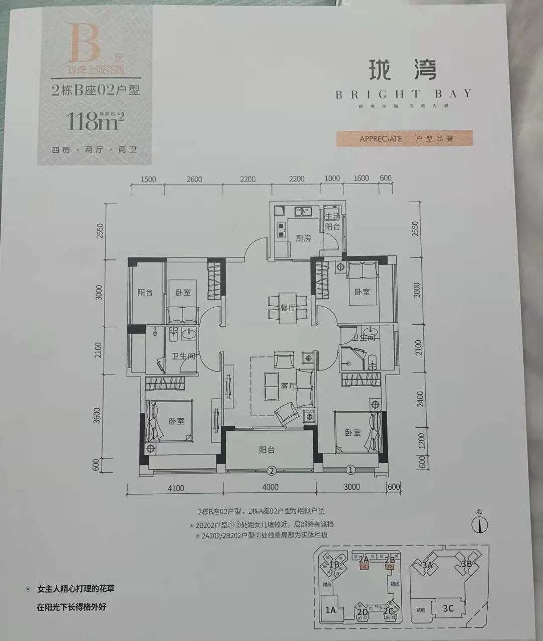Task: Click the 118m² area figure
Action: tap(95, 121)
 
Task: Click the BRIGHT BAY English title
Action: tap(403, 94)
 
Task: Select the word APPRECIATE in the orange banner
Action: tap(381, 139)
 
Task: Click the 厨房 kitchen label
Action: tap(303, 238)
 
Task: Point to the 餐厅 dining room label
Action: tap(288, 308)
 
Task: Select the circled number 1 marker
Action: tap(350, 470)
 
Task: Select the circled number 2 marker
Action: tap(271, 471)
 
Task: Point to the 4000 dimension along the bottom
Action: tap(270, 487)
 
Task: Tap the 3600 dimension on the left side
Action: tap(98, 415)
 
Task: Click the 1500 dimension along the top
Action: tap(148, 179)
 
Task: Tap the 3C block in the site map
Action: tap(448, 608)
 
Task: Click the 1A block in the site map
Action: tap(330, 610)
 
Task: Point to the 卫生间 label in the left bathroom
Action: tap(183, 356)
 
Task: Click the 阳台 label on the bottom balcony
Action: tap(267, 450)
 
